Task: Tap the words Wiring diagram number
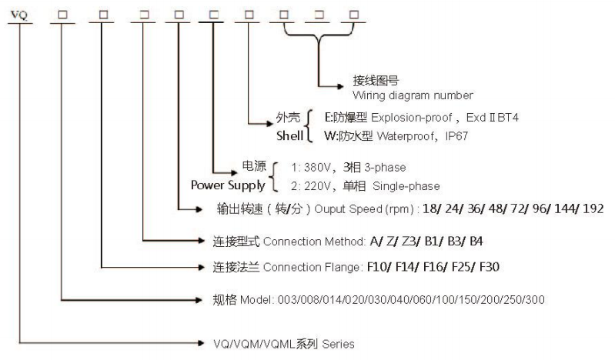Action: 413,95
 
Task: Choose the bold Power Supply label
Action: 229,185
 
